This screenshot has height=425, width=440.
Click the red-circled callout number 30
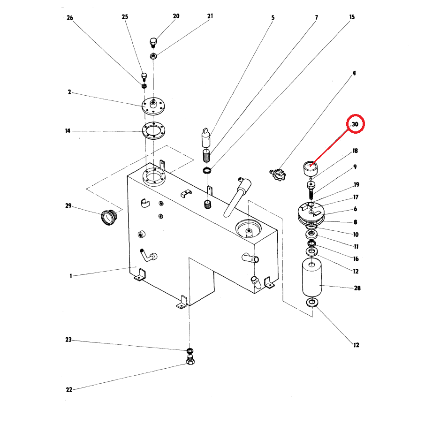pos(355,124)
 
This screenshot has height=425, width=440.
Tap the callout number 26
pos(70,18)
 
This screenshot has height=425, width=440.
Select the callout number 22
pos(69,390)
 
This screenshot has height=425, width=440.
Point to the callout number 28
pos(357,288)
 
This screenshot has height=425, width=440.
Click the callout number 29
pos(68,205)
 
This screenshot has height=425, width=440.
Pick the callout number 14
pos(68,131)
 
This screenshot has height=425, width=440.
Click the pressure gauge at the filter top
pos(311,169)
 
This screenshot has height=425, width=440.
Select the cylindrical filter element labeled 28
pos(312,277)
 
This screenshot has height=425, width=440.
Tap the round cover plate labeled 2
pos(153,106)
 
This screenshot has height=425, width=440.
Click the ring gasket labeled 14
pos(153,131)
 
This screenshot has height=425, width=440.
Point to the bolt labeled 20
pos(153,42)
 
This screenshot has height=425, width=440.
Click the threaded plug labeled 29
pos(109,217)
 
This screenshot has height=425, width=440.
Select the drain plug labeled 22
pos(190,360)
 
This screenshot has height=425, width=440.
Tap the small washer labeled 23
pos(190,350)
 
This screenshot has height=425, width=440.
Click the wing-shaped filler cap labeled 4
pos(278,174)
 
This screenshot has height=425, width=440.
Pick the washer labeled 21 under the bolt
pos(153,56)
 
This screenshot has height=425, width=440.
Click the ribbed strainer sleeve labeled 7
pos(206,156)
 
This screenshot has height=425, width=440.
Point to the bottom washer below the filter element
pos(312,303)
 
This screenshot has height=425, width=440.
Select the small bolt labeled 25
pos(144,77)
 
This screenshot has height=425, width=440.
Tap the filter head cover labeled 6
pos(311,211)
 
